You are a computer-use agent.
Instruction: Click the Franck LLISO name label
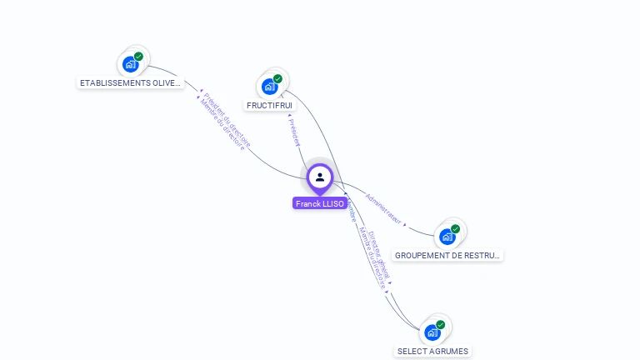click(x=320, y=203)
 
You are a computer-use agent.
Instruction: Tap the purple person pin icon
click(x=320, y=177)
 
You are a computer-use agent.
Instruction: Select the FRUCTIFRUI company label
click(x=269, y=106)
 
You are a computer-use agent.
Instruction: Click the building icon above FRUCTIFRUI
click(x=270, y=85)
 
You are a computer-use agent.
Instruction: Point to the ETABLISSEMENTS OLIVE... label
click(x=130, y=83)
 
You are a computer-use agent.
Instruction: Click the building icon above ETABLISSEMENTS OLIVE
click(x=131, y=63)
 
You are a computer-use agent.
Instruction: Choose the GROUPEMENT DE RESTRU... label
click(x=447, y=255)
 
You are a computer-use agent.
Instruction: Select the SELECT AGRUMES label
click(x=432, y=351)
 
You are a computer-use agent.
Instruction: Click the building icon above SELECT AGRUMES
click(x=432, y=332)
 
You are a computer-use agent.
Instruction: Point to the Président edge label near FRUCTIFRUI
click(x=293, y=132)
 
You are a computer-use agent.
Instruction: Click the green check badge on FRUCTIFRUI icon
click(x=277, y=79)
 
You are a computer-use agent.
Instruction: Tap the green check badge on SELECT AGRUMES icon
click(x=440, y=325)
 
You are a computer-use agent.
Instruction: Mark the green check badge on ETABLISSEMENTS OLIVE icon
click(x=138, y=57)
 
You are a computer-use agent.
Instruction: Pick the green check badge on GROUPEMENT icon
click(x=455, y=228)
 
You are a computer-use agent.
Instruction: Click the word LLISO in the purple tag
click(x=333, y=203)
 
